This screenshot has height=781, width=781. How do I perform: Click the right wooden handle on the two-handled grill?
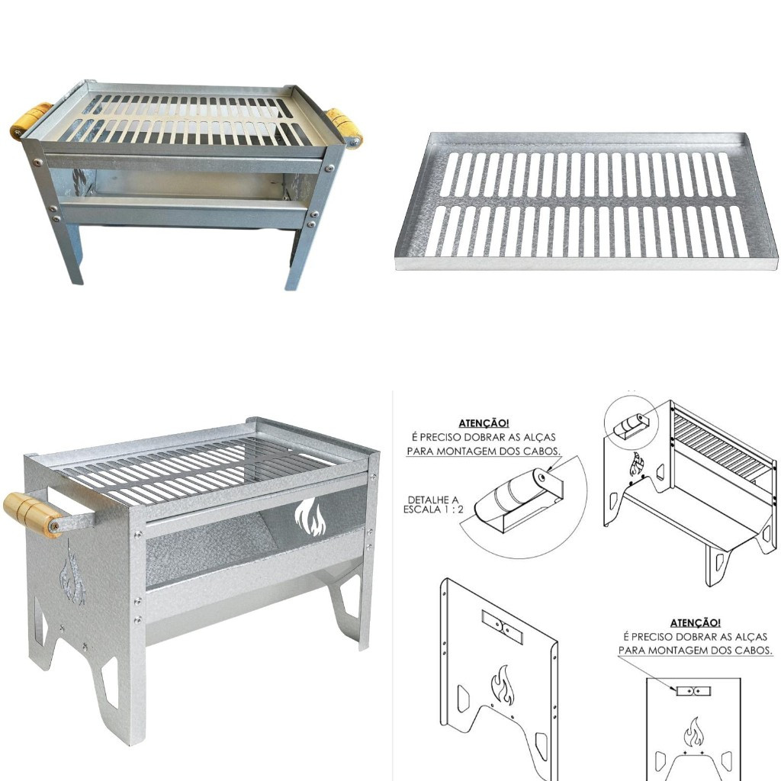point(344,127)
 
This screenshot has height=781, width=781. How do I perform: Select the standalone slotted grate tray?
point(587,201)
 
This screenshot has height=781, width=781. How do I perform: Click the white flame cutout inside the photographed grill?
point(310,517)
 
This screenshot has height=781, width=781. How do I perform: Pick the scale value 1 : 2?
point(455,509)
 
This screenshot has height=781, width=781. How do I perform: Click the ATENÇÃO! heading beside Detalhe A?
point(484,423)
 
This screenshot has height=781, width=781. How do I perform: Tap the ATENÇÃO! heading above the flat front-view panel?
point(696,622)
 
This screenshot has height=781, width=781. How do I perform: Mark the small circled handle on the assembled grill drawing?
point(631,426)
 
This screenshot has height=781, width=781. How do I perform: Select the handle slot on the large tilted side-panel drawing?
point(502,627)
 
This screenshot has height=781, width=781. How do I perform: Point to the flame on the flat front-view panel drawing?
point(693,731)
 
